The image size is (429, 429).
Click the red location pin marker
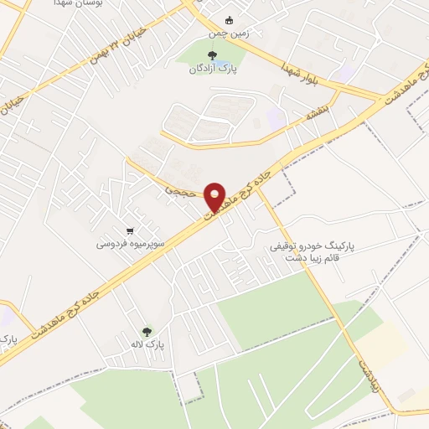[x=216, y=196]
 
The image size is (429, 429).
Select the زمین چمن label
[x=230, y=34]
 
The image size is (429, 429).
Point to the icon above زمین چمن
[x=230, y=21]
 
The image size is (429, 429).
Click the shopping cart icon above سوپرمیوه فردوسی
[x=129, y=230]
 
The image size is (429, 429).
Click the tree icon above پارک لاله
[x=148, y=332]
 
